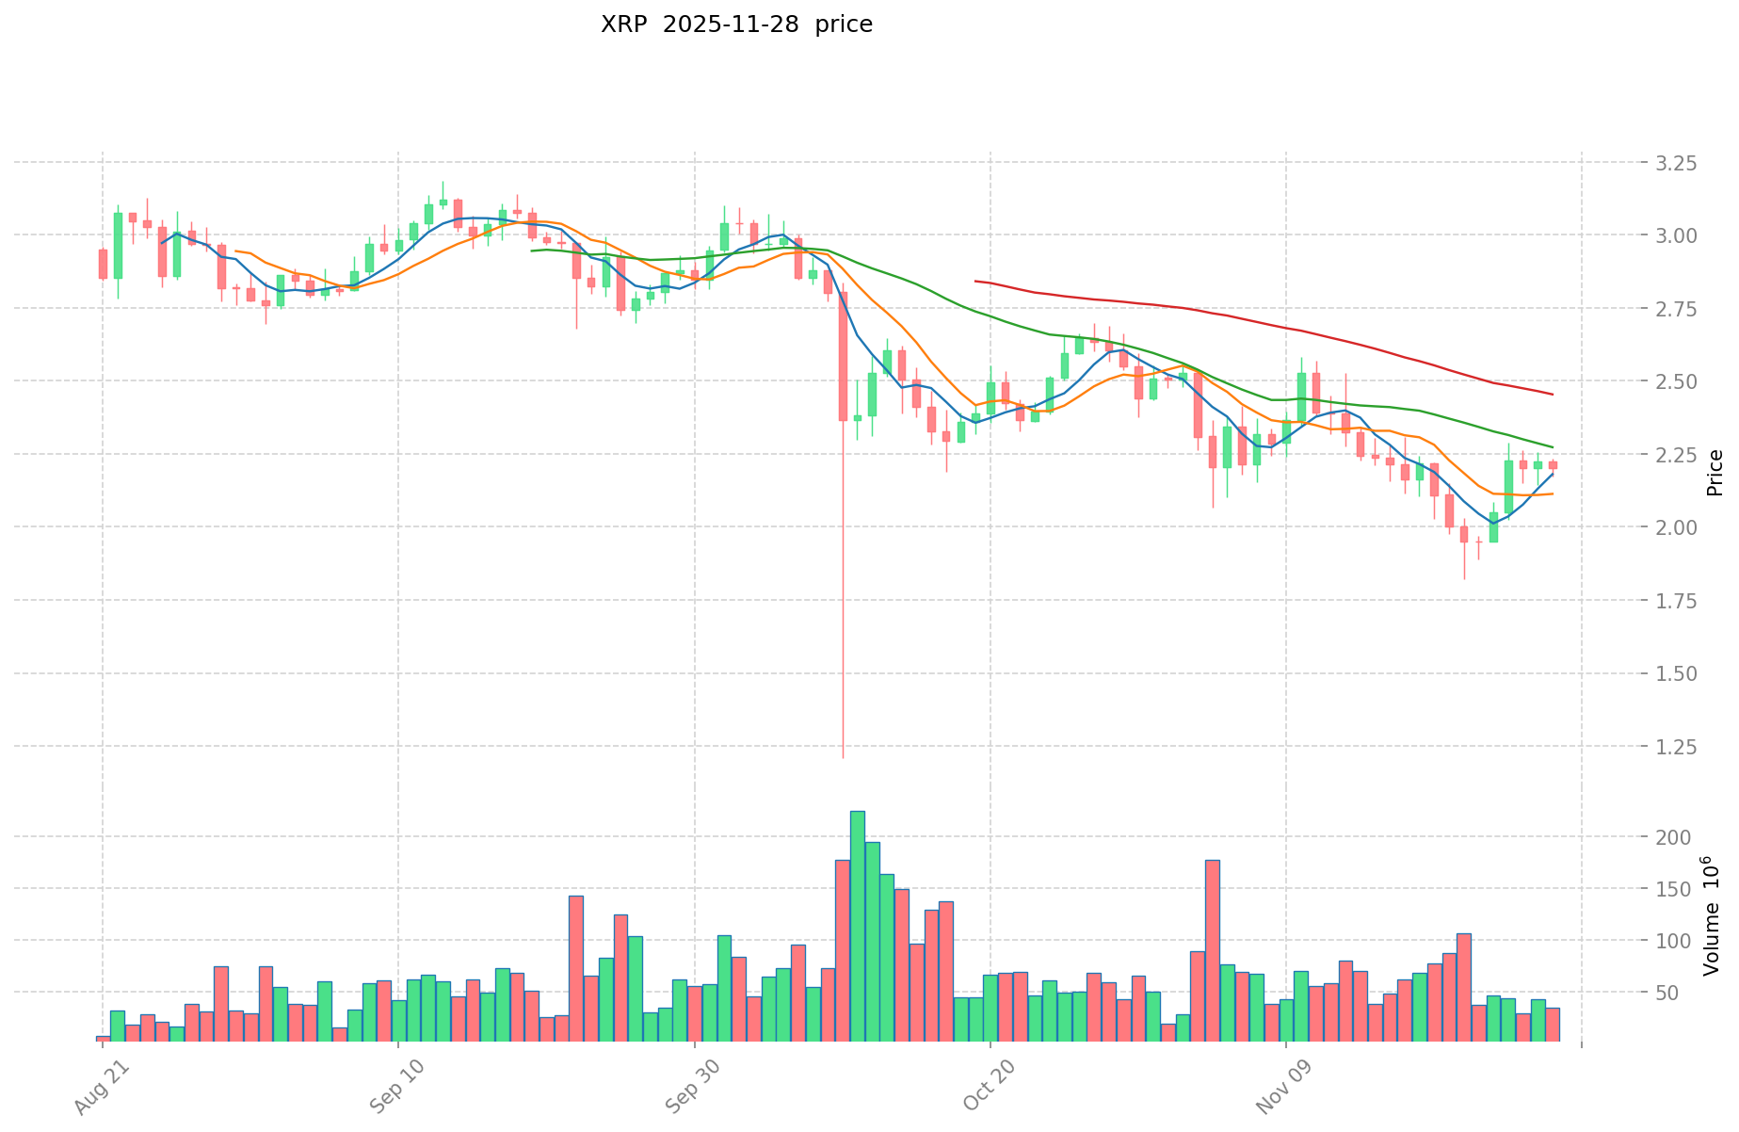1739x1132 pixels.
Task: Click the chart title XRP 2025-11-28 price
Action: tap(736, 24)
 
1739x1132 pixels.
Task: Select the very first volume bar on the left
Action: tap(103, 1039)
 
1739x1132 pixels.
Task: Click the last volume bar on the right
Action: tap(1552, 1025)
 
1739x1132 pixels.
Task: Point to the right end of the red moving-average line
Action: tap(1553, 394)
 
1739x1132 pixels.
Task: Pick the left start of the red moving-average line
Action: tap(975, 281)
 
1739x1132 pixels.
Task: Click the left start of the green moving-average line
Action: tap(532, 251)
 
